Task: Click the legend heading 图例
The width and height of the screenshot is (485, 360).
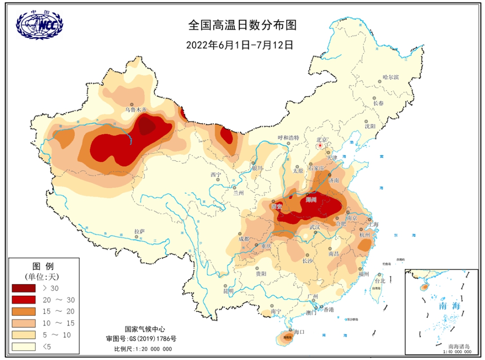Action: [x=44, y=266]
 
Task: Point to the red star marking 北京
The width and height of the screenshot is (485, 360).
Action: [x=320, y=145]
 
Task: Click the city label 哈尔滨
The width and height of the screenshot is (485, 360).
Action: [x=390, y=77]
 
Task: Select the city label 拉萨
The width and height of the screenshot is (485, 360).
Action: [x=139, y=231]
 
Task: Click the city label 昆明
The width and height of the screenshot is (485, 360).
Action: [x=228, y=291]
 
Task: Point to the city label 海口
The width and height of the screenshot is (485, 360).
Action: [x=299, y=331]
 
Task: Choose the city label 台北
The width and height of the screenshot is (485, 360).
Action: [x=379, y=281]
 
